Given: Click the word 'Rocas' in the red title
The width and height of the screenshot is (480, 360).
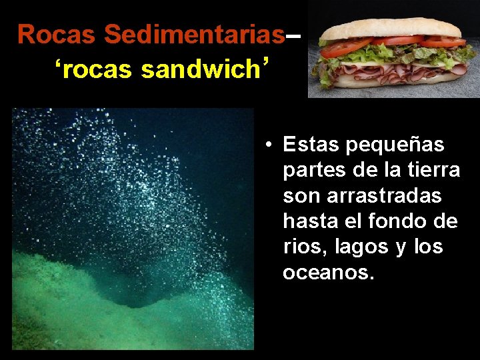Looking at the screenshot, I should pyautogui.click(x=58, y=34).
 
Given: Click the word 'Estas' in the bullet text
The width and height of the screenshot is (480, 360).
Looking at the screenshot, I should pyautogui.click(x=311, y=144).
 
